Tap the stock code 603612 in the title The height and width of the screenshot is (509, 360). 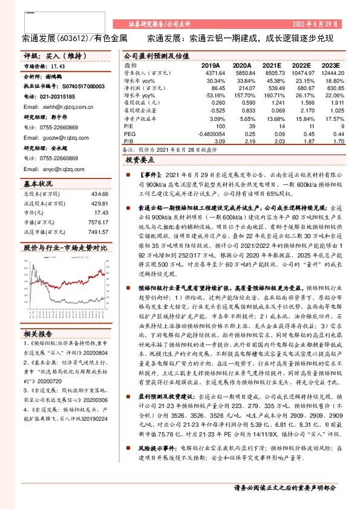click(x=74, y=38)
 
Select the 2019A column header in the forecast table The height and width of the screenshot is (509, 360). click(x=211, y=65)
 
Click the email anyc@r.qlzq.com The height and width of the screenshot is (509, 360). click(x=54, y=169)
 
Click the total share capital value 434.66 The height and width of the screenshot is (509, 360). click(x=99, y=193)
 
